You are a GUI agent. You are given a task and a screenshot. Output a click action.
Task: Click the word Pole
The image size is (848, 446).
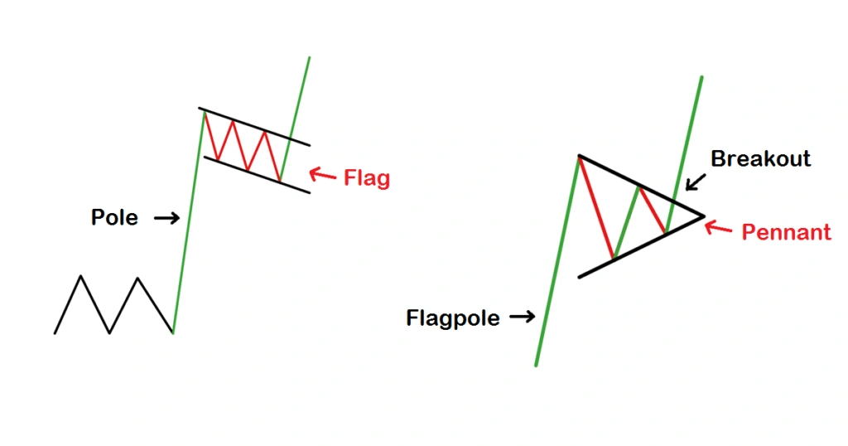114,218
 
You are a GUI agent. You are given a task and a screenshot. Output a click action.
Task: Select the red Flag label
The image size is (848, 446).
366,178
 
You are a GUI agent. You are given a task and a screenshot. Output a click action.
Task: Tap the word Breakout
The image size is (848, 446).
760,158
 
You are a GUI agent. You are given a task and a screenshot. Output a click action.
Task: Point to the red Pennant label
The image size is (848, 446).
786,232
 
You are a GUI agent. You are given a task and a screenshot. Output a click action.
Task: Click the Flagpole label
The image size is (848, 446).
453,318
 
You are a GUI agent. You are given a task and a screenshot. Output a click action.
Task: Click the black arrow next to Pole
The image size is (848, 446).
166,218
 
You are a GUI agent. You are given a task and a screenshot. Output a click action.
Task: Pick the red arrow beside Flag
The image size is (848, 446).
322,175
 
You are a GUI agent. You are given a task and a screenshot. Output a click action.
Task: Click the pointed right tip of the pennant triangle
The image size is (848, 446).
703,216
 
